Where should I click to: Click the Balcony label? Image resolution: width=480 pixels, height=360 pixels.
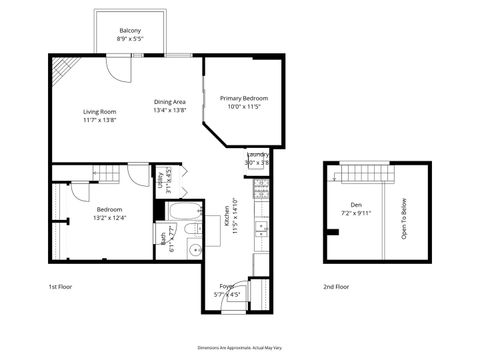(130, 31)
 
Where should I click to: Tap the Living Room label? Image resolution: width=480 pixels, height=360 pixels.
(100, 112)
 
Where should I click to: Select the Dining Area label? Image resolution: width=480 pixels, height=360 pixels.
(170, 101)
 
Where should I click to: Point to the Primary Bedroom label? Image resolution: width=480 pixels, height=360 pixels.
(244, 98)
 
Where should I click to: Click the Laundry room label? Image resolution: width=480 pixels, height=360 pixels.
(257, 155)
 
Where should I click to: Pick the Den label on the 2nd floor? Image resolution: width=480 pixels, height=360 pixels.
(355, 203)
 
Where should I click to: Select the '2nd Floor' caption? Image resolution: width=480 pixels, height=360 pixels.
(336, 286)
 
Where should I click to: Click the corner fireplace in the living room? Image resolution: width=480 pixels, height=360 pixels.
(62, 67)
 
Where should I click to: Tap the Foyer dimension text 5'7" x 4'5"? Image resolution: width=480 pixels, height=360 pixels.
(227, 295)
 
